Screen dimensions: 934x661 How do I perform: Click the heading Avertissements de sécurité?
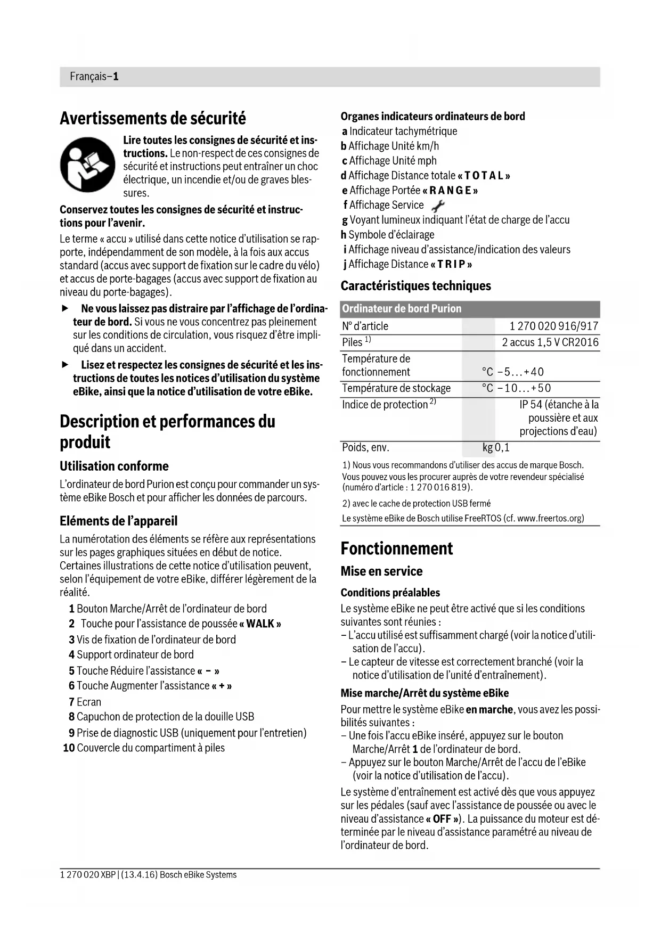[153, 118]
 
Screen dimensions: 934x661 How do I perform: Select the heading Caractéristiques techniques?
[415, 286]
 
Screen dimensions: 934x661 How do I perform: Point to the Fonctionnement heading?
[397, 548]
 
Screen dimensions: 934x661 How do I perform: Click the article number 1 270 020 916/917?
[554, 326]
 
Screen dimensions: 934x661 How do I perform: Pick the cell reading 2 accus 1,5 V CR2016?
[550, 342]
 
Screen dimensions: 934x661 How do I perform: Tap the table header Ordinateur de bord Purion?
[402, 309]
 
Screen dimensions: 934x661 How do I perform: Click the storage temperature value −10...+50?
[524, 388]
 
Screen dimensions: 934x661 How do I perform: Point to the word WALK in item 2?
[260, 624]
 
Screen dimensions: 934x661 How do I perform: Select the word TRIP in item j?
[451, 264]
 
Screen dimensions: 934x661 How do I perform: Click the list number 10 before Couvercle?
[68, 748]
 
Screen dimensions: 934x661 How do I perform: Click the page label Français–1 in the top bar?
[94, 77]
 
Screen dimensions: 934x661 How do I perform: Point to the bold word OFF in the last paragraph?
[442, 819]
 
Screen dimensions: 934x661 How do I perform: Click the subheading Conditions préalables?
[390, 593]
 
